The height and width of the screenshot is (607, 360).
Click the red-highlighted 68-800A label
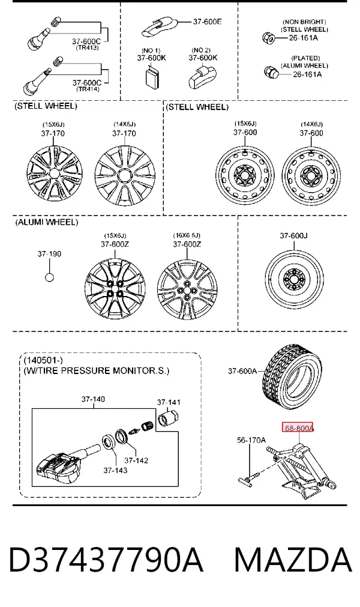(298, 427)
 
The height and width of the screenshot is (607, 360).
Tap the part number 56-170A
(251, 439)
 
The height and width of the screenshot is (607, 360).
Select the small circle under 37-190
(49, 277)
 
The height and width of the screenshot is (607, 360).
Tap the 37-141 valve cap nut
(168, 418)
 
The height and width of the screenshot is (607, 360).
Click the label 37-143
(115, 470)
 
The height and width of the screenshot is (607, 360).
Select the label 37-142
(136, 461)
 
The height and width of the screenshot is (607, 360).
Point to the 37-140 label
(93, 399)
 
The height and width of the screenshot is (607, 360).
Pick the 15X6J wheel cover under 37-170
(55, 175)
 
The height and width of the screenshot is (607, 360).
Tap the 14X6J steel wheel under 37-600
(311, 175)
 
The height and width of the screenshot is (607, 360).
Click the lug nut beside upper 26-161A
(268, 38)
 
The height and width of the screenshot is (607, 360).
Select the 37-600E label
(207, 22)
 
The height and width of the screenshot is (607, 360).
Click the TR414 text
(88, 89)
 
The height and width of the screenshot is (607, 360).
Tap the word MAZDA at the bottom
(293, 560)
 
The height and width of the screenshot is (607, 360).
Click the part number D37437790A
(106, 560)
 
